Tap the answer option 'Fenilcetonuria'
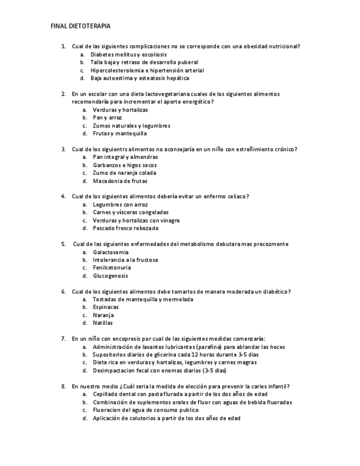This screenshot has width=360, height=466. pyautogui.click(x=112, y=268)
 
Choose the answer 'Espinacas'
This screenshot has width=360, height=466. pyautogui.click(x=106, y=307)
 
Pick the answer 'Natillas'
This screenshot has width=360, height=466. pyautogui.click(x=103, y=323)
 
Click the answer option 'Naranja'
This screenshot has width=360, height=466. pyautogui.click(x=103, y=315)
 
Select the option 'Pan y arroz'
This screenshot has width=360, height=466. pyautogui.click(x=107, y=118)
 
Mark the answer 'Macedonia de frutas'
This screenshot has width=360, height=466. pyautogui.click(x=120, y=181)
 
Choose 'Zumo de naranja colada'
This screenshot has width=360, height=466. pyautogui.click(x=124, y=173)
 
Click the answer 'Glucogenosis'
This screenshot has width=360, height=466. pyautogui.click(x=110, y=276)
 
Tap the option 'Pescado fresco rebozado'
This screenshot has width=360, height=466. pyautogui.click(x=125, y=228)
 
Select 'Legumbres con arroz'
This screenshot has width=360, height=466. pyautogui.click(x=120, y=204)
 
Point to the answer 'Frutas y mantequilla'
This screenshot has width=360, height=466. pyautogui.click(x=120, y=134)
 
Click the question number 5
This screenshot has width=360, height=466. pyautogui.click(x=63, y=244)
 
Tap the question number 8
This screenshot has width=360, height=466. pyautogui.click(x=63, y=386)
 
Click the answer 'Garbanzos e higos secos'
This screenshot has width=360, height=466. pyautogui.click(x=125, y=165)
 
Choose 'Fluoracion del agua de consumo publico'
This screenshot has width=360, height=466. pyautogui.click(x=146, y=410)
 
